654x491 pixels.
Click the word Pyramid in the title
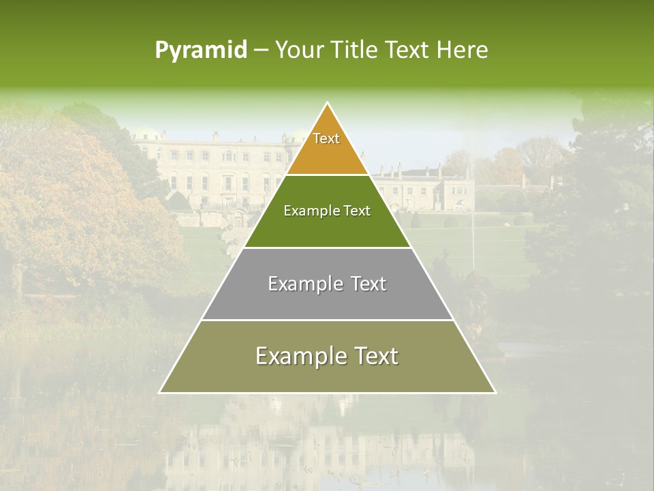tap(201, 50)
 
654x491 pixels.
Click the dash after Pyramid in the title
tap(261, 50)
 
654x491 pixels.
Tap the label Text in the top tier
tap(326, 138)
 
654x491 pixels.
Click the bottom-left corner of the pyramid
tap(160, 392)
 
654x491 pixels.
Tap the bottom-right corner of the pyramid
tap(495, 392)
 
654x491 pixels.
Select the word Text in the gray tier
tap(364, 284)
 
